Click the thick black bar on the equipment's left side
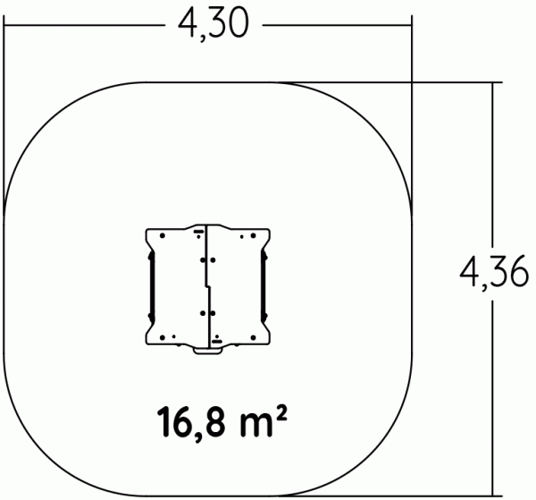pos(152,286)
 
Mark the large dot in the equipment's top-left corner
pos(163,235)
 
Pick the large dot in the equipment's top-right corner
pos(251,235)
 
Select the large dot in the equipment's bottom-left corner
pos(163,336)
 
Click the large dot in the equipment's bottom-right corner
pos(251,336)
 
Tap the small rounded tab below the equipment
pos(207,350)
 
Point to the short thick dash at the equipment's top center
pos(197,230)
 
